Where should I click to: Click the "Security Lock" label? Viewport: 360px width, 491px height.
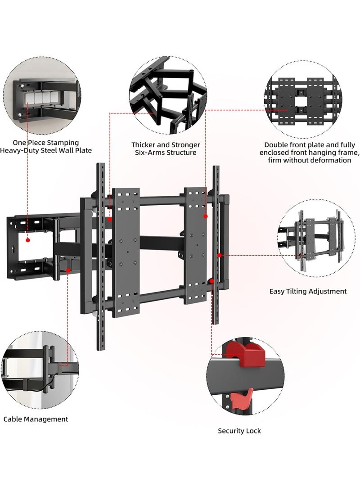(239, 431)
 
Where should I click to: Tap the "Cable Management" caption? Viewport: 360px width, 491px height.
(36, 419)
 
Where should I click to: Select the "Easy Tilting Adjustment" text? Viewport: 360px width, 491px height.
(308, 291)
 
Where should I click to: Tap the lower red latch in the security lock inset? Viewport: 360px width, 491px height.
(238, 398)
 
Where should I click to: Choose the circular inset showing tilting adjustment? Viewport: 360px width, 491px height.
(310, 239)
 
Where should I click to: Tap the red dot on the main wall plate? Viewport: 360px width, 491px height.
(28, 240)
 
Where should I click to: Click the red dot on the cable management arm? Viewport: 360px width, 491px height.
(68, 270)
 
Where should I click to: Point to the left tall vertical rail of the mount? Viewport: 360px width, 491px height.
(102, 257)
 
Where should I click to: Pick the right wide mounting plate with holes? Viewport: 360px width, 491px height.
(195, 245)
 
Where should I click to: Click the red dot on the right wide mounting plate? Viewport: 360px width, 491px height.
(205, 216)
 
